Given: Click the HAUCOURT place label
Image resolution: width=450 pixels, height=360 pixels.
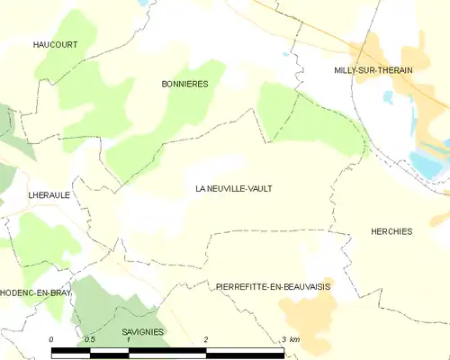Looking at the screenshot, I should pyautogui.click(x=55, y=44).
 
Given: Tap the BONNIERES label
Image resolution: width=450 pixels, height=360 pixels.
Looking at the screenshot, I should pyautogui.click(x=184, y=84).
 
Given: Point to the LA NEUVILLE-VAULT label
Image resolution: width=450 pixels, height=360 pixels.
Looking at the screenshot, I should pyautogui.click(x=233, y=189).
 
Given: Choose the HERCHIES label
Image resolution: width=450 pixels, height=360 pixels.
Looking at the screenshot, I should pyautogui.click(x=391, y=231).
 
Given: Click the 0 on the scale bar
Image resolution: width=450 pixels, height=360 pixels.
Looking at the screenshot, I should pyautogui.click(x=52, y=338).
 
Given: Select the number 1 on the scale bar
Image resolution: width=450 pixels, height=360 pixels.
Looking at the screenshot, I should pyautogui.click(x=130, y=338).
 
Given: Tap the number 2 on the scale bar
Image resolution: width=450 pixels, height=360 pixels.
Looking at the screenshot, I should pyautogui.click(x=207, y=338).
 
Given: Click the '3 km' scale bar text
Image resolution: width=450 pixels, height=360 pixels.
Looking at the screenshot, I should pyautogui.click(x=290, y=338).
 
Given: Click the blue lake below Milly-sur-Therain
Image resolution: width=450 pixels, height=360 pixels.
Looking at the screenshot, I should pyautogui.click(x=427, y=164).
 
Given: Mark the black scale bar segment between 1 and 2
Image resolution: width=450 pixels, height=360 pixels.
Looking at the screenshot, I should pyautogui.click(x=168, y=349).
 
